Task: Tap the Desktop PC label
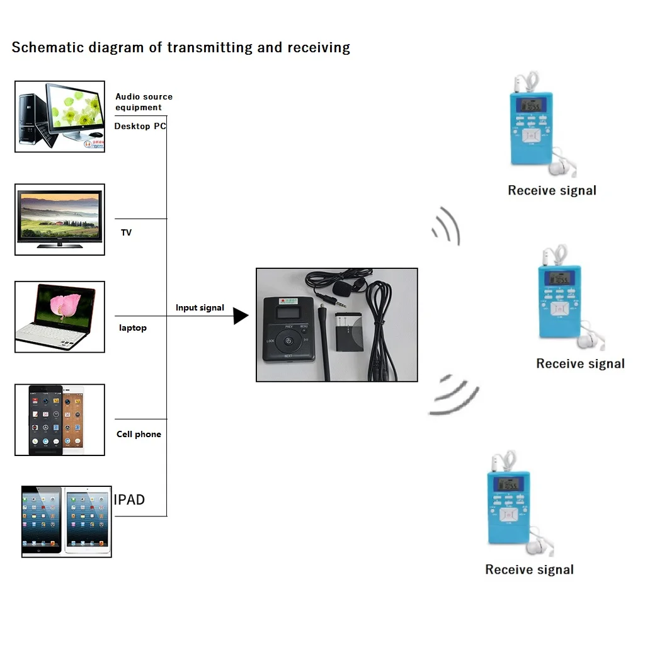click(x=140, y=126)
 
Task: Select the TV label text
click(x=127, y=232)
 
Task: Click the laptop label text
click(x=133, y=328)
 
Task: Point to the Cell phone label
click(x=139, y=434)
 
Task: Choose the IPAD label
click(x=129, y=499)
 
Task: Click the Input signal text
click(x=200, y=307)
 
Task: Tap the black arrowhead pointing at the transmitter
click(x=240, y=316)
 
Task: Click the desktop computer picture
click(x=60, y=117)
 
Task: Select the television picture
click(x=60, y=219)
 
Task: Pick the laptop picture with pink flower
click(x=60, y=316)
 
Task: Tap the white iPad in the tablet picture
click(x=88, y=520)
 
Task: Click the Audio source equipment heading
click(x=144, y=101)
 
